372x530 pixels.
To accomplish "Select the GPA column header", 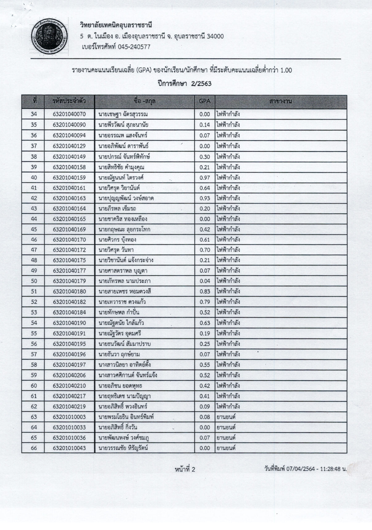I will point(204,101).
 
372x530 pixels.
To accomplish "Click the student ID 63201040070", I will point(69,114).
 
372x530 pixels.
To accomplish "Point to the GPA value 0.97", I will point(205,178).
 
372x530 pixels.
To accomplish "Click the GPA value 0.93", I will point(205,198).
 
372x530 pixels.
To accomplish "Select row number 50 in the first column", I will point(34,281).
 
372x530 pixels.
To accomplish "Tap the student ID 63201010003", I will point(69,417).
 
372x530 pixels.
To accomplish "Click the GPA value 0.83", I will point(205,291).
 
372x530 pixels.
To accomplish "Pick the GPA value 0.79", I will point(205,302).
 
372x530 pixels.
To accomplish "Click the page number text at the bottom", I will point(185,470).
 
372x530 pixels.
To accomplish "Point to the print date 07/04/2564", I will point(300,469).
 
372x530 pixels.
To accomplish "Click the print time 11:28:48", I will point(330,469).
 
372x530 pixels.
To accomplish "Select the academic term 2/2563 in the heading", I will point(201,84).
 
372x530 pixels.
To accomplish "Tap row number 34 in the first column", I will point(34,114).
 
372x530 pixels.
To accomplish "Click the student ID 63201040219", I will point(69,406).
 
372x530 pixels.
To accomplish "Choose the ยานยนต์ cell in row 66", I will point(226,448).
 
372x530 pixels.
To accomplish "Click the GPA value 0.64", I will point(205,188).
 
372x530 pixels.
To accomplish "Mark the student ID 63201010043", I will point(69,448).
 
